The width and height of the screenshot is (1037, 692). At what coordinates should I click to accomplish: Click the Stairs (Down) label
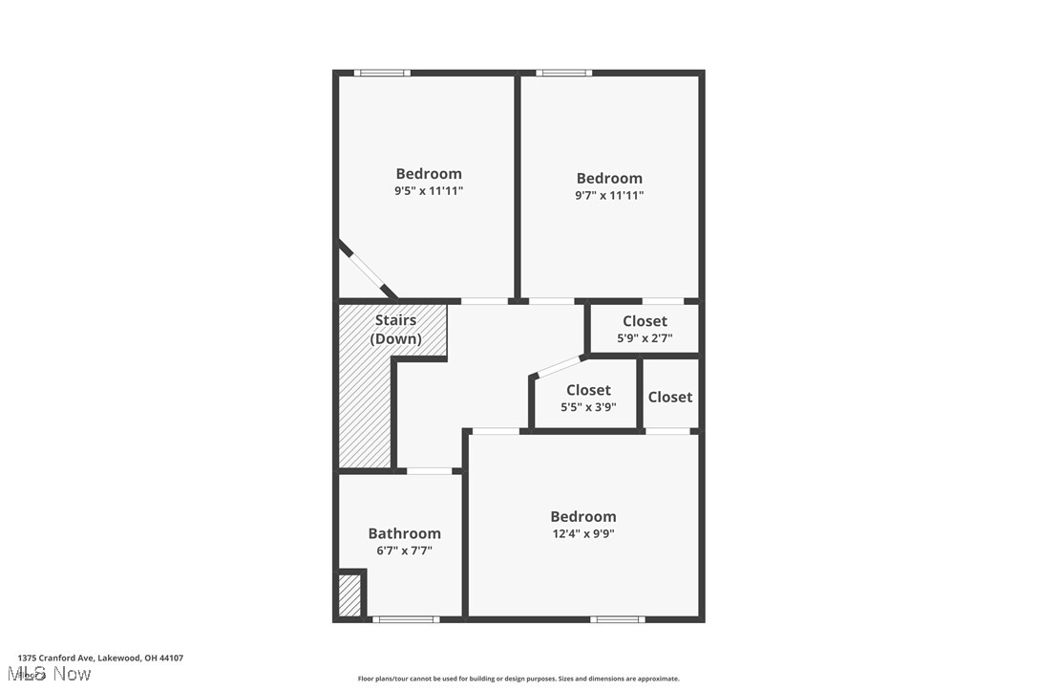click(x=395, y=330)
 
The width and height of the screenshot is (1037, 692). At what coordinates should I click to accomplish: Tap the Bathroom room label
click(x=404, y=533)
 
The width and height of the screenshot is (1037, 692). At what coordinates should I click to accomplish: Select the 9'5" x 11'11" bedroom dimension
click(x=429, y=191)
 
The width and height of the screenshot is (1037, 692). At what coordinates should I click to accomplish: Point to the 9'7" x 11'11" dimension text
click(x=609, y=195)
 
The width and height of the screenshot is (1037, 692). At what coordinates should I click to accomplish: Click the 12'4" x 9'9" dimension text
click(x=582, y=533)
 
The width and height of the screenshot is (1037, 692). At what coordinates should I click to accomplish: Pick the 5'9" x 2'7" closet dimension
click(x=645, y=337)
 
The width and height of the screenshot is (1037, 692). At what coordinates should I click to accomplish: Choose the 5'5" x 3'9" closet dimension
click(x=588, y=407)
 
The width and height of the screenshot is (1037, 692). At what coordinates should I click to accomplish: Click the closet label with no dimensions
click(x=669, y=397)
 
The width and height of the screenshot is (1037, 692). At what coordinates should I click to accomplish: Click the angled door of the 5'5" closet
click(x=559, y=367)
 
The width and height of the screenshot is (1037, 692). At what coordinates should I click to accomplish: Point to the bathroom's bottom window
click(x=406, y=619)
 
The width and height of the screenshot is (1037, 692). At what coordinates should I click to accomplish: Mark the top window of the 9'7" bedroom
click(x=563, y=73)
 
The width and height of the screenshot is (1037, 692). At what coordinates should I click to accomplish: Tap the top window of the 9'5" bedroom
click(x=382, y=73)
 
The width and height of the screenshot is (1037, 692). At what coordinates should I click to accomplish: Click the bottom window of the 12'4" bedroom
click(x=617, y=619)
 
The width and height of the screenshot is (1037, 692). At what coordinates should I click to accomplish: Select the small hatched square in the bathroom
click(x=349, y=595)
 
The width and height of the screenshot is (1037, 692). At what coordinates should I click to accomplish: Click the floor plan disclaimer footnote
click(x=518, y=679)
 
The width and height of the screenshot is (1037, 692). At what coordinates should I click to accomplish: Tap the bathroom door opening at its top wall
click(x=429, y=470)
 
